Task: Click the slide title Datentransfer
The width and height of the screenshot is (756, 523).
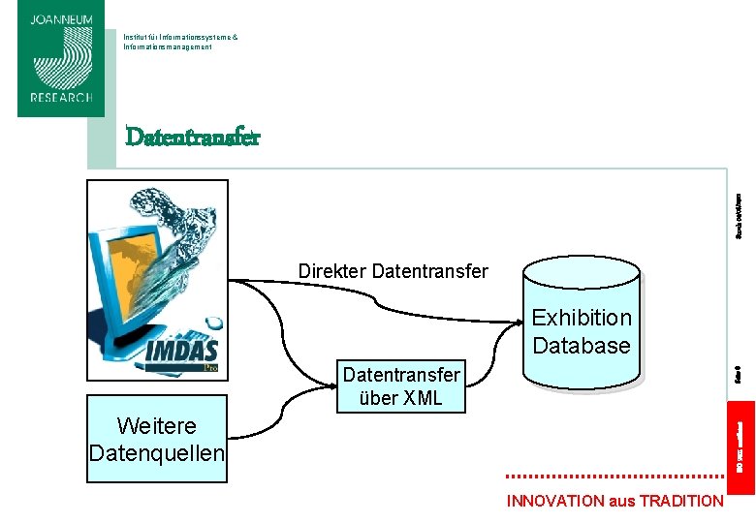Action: [x=192, y=137]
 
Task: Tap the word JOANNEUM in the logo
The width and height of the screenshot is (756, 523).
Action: [x=60, y=19]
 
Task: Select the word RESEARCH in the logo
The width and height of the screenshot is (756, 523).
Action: [x=60, y=98]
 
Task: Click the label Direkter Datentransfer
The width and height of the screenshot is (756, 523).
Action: [x=393, y=271]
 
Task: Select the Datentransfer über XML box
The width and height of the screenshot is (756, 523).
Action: [x=401, y=385]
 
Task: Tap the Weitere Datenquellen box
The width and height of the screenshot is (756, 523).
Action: [x=156, y=439]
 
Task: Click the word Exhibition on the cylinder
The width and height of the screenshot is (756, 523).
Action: [x=582, y=318]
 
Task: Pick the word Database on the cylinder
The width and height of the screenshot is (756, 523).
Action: [x=582, y=345]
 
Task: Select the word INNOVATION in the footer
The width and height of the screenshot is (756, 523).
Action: [x=555, y=501]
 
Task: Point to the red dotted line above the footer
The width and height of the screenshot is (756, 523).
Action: [x=614, y=477]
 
